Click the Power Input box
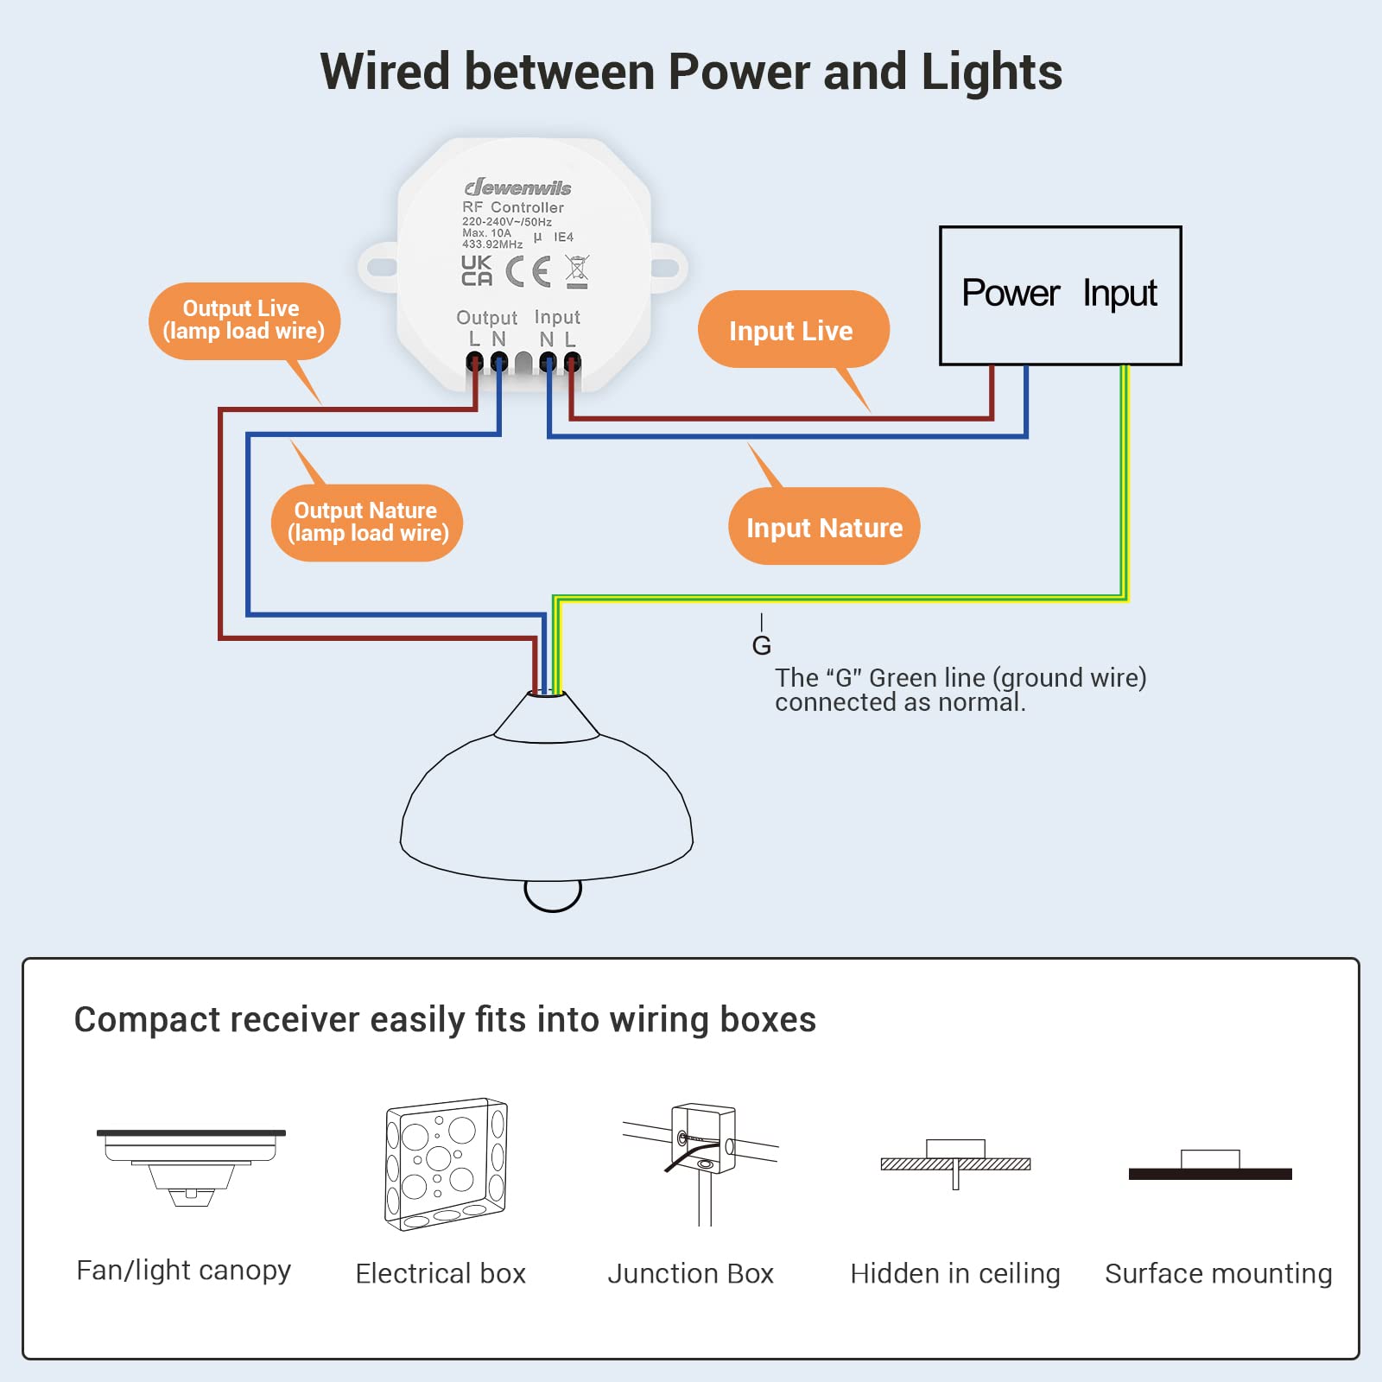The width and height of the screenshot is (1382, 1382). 1060,295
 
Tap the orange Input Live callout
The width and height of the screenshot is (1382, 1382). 792,330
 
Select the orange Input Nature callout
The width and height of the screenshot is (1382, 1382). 824,527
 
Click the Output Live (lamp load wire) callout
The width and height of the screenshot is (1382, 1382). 244,320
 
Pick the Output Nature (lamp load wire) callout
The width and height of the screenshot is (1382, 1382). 367,523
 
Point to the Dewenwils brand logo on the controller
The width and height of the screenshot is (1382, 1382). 518,187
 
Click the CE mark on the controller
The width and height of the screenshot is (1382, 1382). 528,271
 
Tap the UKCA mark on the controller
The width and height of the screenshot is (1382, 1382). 476,270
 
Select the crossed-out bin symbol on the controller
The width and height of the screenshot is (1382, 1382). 577,271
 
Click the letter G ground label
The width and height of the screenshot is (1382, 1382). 761,645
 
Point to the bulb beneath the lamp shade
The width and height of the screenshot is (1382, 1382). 553,895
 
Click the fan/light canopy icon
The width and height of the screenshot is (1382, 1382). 191,1166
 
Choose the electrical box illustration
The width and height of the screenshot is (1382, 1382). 445,1163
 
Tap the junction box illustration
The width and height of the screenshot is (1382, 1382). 701,1157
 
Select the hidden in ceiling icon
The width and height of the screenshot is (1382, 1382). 955,1162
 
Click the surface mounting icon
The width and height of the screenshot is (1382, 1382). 1210,1166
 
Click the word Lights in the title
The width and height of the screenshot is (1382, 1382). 992,72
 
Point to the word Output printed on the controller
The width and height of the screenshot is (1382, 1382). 486,318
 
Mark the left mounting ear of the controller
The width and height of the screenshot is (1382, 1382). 377,267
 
